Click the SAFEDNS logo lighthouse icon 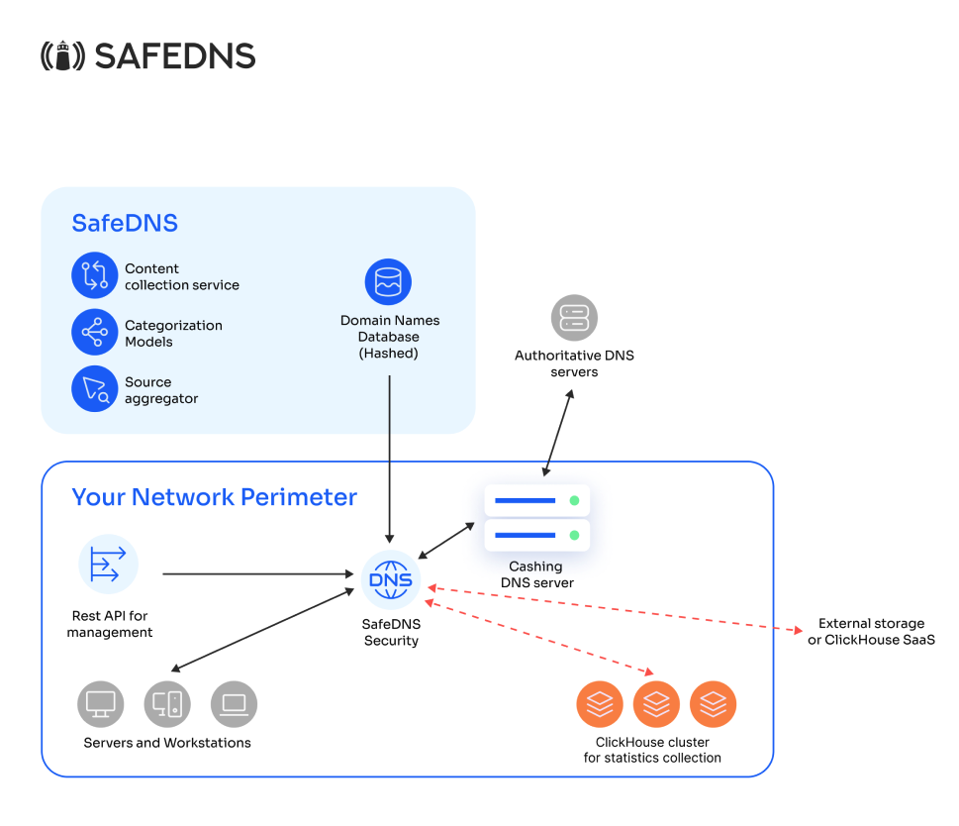(62, 55)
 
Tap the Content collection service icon (94, 275)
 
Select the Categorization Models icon (94, 332)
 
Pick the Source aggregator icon (94, 388)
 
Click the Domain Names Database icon (388, 282)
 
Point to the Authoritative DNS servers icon (574, 318)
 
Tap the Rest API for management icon (108, 564)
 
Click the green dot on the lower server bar (574, 536)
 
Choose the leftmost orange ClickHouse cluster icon (600, 704)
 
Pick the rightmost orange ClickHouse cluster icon (713, 704)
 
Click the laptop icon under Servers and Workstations (234, 704)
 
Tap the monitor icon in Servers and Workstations (101, 704)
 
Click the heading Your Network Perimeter (214, 496)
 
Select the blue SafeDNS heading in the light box (125, 223)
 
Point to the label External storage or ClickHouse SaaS (871, 631)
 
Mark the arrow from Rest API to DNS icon (257, 573)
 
